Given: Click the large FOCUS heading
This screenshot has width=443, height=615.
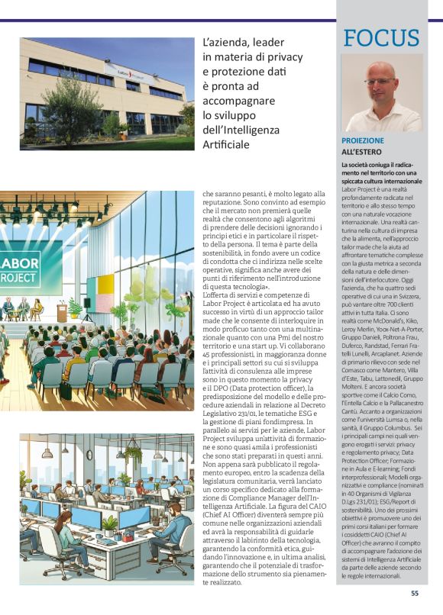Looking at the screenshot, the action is pos(381,37).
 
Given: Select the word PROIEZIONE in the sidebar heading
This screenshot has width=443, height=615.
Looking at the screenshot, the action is pos(363,141).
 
